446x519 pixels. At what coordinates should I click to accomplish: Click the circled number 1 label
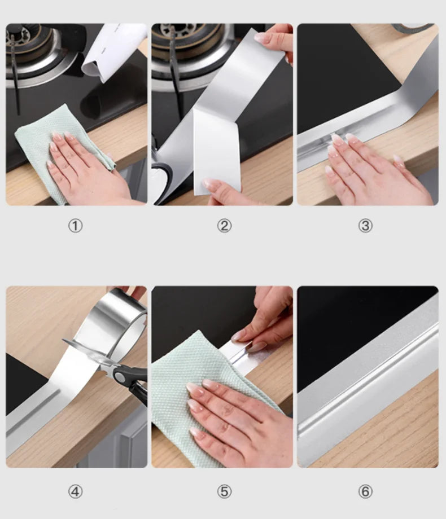[75, 226]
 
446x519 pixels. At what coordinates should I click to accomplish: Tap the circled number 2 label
[224, 226]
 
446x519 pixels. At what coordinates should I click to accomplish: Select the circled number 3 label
[365, 226]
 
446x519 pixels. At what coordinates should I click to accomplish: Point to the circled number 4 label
[75, 491]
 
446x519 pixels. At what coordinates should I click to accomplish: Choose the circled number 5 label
[224, 491]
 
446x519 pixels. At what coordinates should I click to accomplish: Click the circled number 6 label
[365, 491]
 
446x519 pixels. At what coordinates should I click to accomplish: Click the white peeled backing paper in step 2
[217, 152]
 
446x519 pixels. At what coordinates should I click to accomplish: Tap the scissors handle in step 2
[163, 179]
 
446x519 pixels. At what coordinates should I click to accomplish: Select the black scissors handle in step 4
[131, 381]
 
